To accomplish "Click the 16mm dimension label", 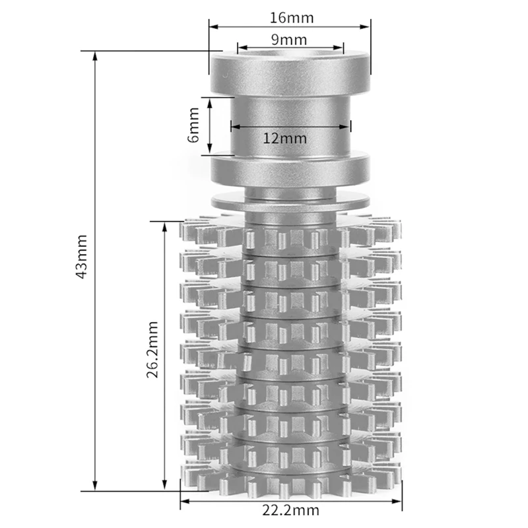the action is (x=292, y=18).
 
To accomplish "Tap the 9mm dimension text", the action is (x=289, y=40).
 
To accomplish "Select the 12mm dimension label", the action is (x=285, y=139).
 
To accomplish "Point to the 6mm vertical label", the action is (x=193, y=125).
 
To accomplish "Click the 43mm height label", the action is (x=81, y=257).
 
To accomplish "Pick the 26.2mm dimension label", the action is (x=152, y=350).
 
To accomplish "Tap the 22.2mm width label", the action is (x=290, y=510).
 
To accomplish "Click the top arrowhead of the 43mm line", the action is (x=95, y=56).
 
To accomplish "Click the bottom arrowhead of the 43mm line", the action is (x=95, y=486).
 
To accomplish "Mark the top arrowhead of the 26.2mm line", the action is (x=164, y=226).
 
